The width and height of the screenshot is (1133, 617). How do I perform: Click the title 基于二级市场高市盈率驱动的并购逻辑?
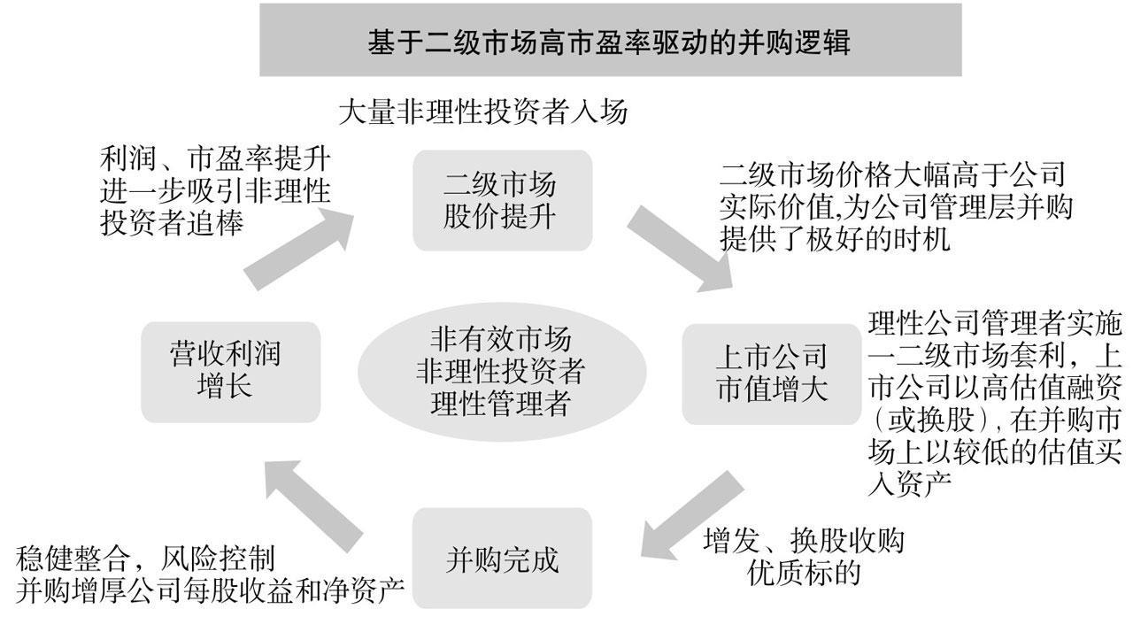(x=610, y=42)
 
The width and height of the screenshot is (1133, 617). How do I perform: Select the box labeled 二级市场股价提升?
(x=500, y=201)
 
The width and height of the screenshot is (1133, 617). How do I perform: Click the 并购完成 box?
(x=501, y=559)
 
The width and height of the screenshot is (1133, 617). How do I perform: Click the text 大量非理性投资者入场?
(x=482, y=113)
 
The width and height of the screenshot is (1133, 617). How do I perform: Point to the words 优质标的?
(x=804, y=573)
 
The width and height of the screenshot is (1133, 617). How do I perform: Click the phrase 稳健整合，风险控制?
(x=146, y=559)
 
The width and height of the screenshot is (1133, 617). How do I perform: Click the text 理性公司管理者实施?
(x=995, y=325)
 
